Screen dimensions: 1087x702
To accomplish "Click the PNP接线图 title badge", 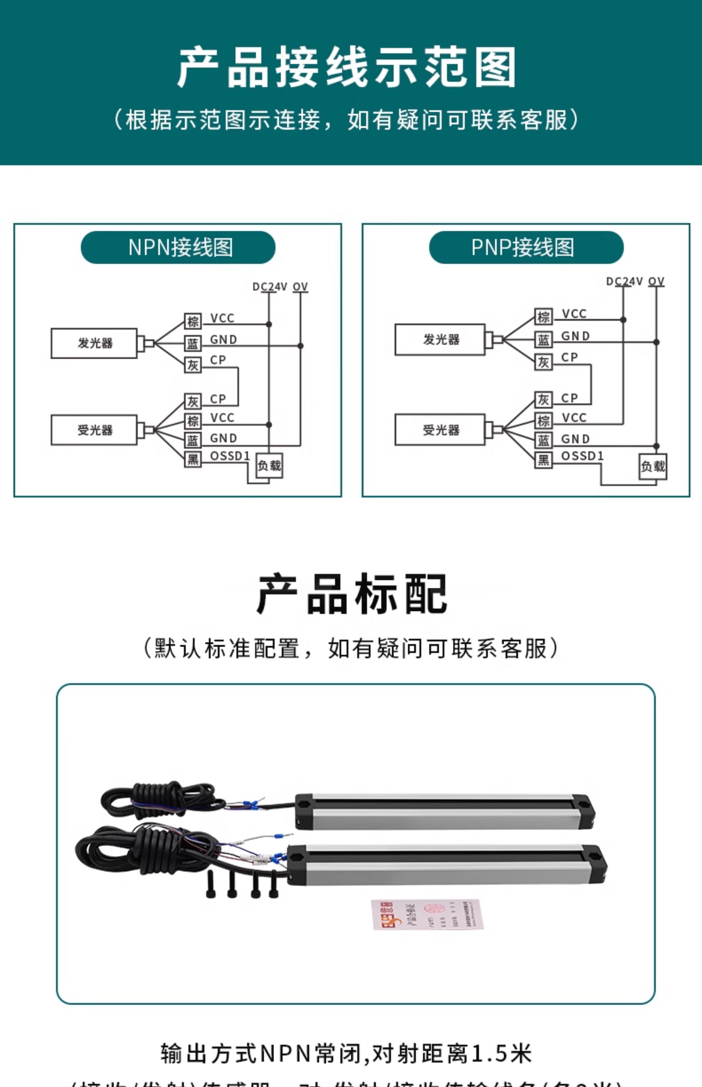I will click(x=526, y=247).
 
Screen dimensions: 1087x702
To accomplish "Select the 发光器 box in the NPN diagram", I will click(x=94, y=343).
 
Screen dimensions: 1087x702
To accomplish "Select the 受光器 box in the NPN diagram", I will click(x=94, y=430).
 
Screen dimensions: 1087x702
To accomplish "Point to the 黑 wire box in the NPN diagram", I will click(x=193, y=459).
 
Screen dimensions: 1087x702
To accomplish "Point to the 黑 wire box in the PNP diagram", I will click(x=543, y=460).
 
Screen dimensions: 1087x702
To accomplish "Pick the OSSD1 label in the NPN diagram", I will click(x=230, y=456).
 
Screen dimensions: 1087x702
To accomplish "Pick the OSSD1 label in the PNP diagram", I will click(x=582, y=456).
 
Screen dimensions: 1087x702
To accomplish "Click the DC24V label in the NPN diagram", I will click(x=269, y=287).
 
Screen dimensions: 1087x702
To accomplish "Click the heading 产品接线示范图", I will click(x=346, y=67).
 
